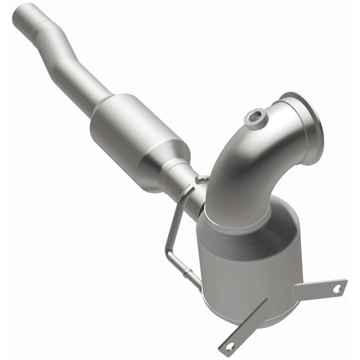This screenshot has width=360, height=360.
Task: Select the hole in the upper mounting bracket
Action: click(336, 289)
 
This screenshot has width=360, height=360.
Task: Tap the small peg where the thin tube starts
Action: click(198, 180)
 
